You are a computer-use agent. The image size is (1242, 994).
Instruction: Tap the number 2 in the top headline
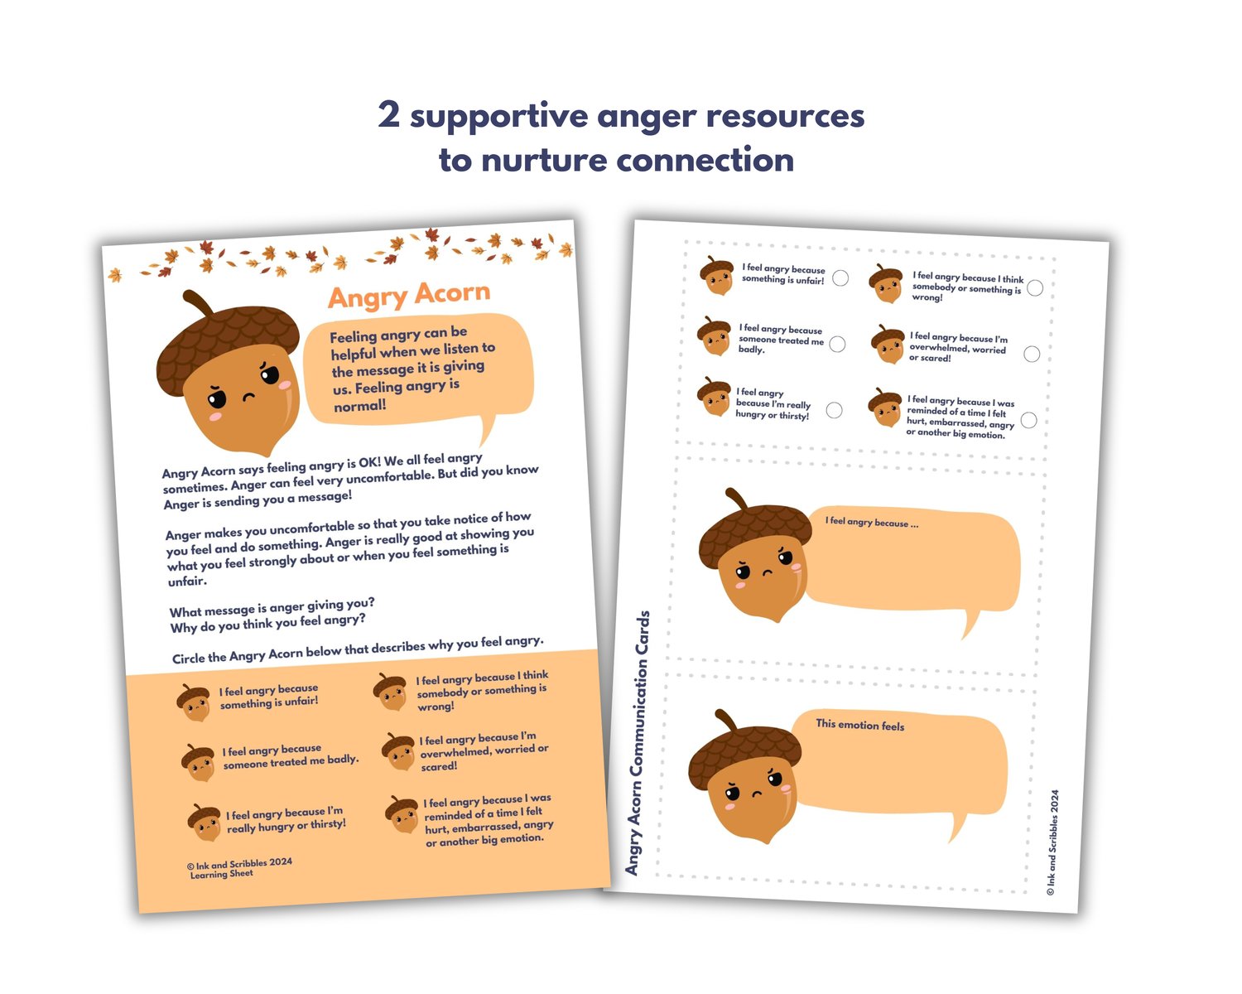(x=389, y=114)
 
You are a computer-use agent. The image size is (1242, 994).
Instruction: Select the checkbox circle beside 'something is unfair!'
(x=840, y=278)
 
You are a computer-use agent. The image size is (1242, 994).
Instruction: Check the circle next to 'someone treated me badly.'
(x=837, y=345)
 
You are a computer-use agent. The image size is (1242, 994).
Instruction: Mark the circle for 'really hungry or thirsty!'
(x=834, y=410)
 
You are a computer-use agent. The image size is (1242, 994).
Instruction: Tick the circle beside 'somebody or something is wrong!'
(x=1035, y=287)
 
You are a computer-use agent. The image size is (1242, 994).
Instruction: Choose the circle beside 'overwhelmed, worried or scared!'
(x=1032, y=354)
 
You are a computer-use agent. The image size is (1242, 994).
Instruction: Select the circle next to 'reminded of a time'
(x=1028, y=420)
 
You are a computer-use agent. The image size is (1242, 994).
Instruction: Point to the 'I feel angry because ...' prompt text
(x=872, y=522)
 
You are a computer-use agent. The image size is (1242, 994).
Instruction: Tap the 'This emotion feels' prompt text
(x=860, y=725)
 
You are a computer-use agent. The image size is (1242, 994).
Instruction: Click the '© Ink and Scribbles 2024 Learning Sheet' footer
(x=239, y=868)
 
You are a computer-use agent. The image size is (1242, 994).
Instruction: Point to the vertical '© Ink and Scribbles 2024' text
(x=1052, y=842)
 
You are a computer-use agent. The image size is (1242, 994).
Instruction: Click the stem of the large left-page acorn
(x=197, y=302)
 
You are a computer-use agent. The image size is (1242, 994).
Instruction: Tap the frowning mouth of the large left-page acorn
(x=248, y=397)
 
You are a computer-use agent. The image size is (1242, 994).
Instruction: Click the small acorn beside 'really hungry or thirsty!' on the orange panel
(x=205, y=823)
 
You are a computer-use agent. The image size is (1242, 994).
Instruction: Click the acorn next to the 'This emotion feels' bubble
(x=745, y=777)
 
